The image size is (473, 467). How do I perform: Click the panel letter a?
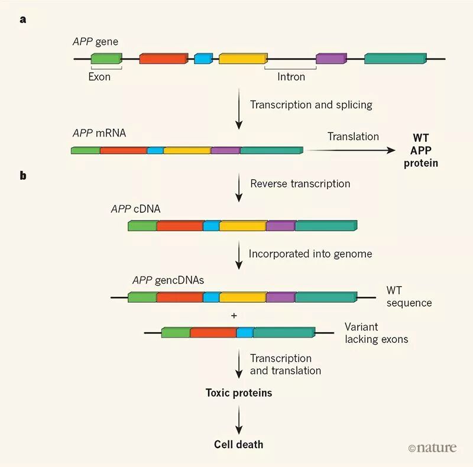pyautogui.click(x=23, y=19)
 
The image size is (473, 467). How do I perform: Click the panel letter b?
pyautogui.click(x=23, y=176)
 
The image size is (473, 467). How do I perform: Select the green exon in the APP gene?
pyautogui.click(x=106, y=59)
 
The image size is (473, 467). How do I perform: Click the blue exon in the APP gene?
pyautogui.click(x=203, y=59)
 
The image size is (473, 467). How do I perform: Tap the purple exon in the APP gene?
pyautogui.click(x=331, y=59)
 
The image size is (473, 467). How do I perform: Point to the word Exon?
pyautogui.click(x=99, y=76)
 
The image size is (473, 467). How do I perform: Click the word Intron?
pyautogui.click(x=291, y=76)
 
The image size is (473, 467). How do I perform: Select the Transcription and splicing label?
pyautogui.click(x=311, y=105)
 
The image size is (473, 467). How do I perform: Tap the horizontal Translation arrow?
pyautogui.click(x=352, y=150)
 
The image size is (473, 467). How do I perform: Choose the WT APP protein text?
pyautogui.click(x=421, y=150)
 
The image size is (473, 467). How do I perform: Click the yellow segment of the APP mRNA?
pyautogui.click(x=187, y=150)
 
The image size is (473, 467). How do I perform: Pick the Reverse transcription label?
pyautogui.click(x=300, y=183)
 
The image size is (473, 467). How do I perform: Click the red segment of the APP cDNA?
pyautogui.click(x=180, y=226)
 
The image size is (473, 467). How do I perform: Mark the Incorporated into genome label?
pyautogui.click(x=310, y=254)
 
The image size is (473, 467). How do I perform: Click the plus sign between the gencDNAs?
pyautogui.click(x=234, y=316)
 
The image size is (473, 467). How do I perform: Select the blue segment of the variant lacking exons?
pyautogui.click(x=244, y=333)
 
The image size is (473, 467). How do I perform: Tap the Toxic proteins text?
pyautogui.click(x=239, y=393)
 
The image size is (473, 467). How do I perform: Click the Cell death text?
pyautogui.click(x=239, y=444)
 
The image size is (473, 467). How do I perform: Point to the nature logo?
pyautogui.click(x=432, y=447)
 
